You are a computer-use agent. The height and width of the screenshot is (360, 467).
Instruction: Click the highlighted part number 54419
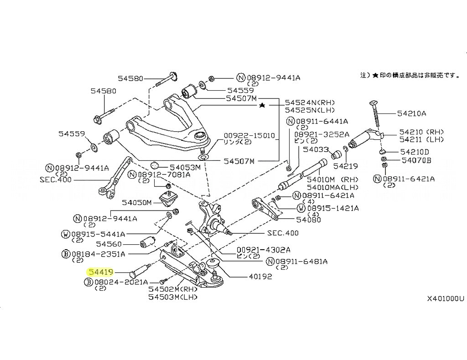coord(100,272)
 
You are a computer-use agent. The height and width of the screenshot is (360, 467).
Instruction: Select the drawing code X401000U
coord(445,299)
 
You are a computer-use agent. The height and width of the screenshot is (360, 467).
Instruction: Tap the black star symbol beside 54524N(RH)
coord(261,105)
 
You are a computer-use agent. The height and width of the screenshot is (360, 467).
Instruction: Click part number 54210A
coord(411,113)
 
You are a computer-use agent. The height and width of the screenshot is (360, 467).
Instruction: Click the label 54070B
coord(416,160)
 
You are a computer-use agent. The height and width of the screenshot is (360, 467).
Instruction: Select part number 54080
coord(308,220)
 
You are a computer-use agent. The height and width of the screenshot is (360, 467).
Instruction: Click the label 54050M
coord(135,202)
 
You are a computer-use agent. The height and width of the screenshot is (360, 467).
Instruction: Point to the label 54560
coord(122,244)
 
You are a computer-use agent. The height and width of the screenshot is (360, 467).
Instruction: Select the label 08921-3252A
coord(322,134)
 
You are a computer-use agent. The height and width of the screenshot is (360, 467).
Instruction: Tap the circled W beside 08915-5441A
coord(66,234)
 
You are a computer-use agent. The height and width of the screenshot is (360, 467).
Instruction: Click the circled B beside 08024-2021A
coord(88,283)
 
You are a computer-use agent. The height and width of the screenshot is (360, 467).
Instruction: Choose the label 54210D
coord(415,151)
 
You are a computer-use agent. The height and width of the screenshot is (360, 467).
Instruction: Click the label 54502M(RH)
coord(173,289)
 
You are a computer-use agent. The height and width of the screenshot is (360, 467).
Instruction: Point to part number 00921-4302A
coord(263,250)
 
